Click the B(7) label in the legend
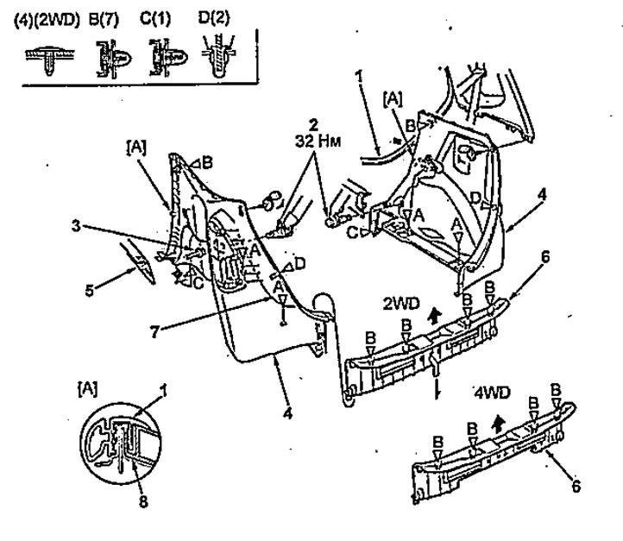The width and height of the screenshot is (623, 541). (x=104, y=19)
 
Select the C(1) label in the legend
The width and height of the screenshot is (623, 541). (x=155, y=19)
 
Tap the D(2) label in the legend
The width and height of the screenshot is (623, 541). (x=214, y=17)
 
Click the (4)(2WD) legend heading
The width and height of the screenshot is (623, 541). (x=47, y=20)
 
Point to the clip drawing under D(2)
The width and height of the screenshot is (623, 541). (x=217, y=55)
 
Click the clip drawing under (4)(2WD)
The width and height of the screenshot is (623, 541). (x=49, y=59)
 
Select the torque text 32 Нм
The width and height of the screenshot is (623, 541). (x=318, y=141)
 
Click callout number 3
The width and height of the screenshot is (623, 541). (x=76, y=226)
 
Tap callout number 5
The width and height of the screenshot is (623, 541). (x=90, y=291)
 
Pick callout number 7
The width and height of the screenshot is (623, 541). (x=155, y=331)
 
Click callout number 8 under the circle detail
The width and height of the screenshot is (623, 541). (x=143, y=502)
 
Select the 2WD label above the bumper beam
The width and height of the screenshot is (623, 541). (x=401, y=304)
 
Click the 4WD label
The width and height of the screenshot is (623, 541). (x=493, y=393)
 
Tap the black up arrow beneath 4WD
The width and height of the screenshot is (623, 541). (x=497, y=424)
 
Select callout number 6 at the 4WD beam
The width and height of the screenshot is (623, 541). (x=576, y=486)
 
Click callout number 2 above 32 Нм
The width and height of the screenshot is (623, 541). (x=314, y=125)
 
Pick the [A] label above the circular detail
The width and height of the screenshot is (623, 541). (x=87, y=388)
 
